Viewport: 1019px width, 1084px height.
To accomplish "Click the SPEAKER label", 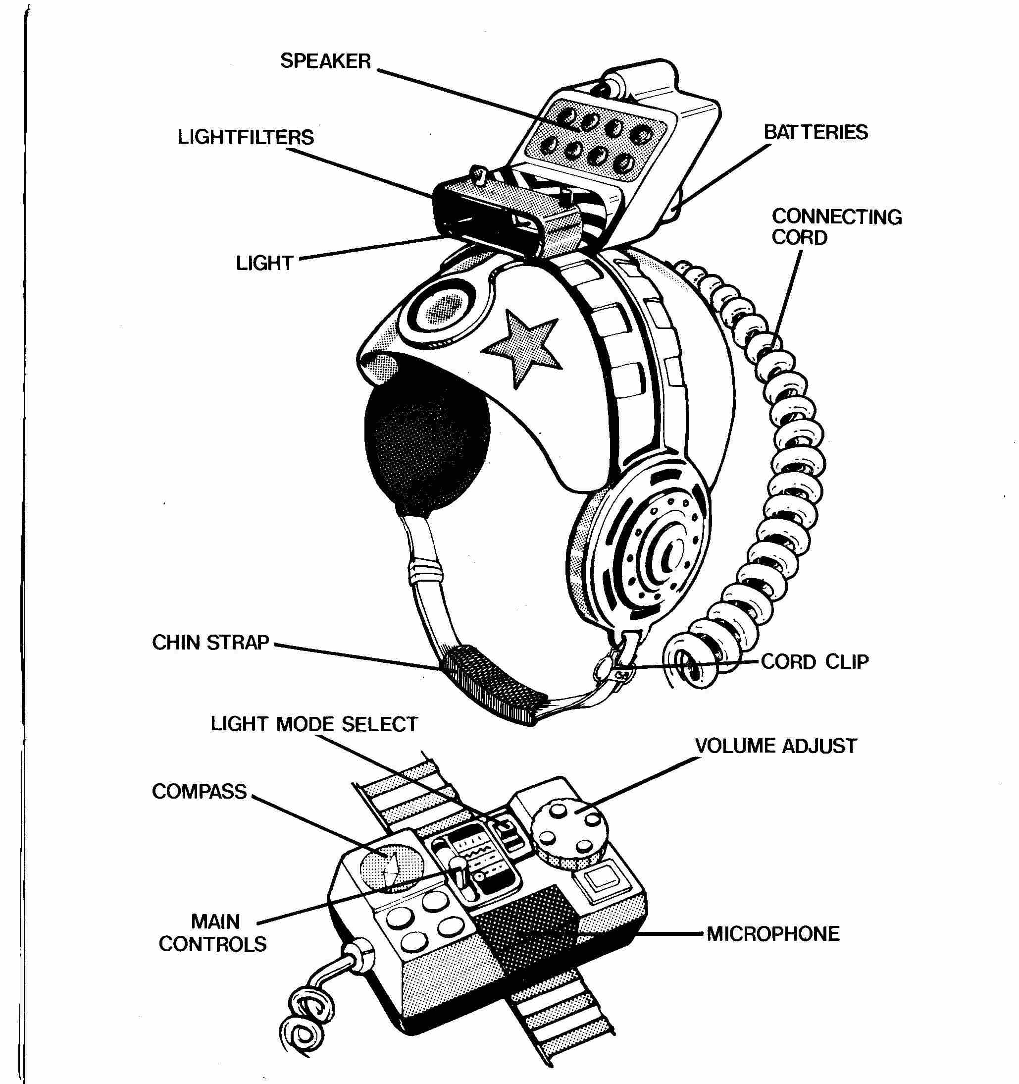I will (325, 60).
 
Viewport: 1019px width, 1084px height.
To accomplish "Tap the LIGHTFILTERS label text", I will (246, 137).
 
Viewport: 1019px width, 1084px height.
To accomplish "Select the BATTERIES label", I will (815, 132).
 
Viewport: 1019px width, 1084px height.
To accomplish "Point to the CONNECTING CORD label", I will (836, 227).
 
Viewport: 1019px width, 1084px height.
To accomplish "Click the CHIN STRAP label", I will (210, 643).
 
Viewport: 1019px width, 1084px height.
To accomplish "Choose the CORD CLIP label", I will (815, 661).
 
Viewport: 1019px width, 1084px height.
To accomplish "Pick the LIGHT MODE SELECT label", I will (314, 724).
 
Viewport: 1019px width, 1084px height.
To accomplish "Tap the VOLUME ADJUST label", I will (776, 746).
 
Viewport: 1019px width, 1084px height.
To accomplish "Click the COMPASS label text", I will (200, 791).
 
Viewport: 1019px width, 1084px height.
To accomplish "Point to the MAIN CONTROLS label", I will (212, 932).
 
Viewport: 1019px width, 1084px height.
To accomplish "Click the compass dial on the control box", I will (391, 868).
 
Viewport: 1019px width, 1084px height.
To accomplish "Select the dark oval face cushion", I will (426, 448).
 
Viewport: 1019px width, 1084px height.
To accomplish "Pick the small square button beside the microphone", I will (598, 879).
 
